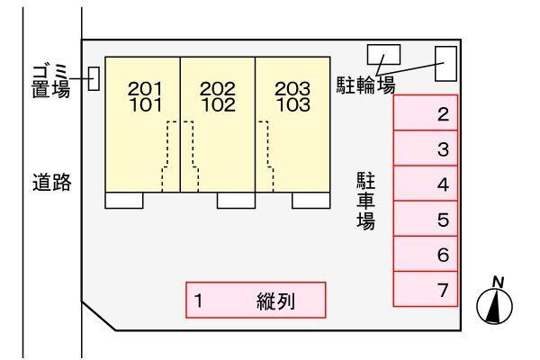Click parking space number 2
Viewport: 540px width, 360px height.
point(426,113)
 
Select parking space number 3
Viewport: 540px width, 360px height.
point(426,148)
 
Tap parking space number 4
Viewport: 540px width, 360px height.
point(426,184)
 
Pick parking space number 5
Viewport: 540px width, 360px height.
point(426,219)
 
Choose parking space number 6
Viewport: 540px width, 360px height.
point(426,254)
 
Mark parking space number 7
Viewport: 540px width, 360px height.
point(426,288)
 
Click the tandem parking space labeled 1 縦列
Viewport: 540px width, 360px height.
point(256,301)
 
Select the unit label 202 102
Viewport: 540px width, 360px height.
point(217,95)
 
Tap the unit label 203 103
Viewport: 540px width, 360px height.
point(292,95)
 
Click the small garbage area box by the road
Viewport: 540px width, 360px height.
point(94,79)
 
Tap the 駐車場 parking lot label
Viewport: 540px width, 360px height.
point(365,200)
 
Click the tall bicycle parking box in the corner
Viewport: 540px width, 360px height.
point(445,63)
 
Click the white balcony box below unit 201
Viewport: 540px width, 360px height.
point(124,201)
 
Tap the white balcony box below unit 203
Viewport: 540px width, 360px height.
point(310,201)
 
